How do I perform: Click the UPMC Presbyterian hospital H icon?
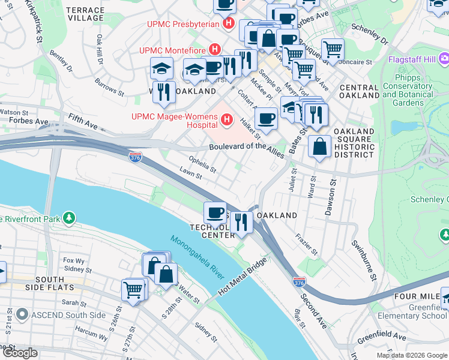pos(228,24)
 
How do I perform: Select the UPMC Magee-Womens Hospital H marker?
pos(226,120)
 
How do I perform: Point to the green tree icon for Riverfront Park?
pos(70,218)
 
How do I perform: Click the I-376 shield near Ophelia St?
pos(136,157)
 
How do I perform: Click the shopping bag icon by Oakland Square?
pos(320,146)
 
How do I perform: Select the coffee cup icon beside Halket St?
pos(265,118)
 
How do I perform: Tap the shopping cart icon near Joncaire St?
pos(333,49)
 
